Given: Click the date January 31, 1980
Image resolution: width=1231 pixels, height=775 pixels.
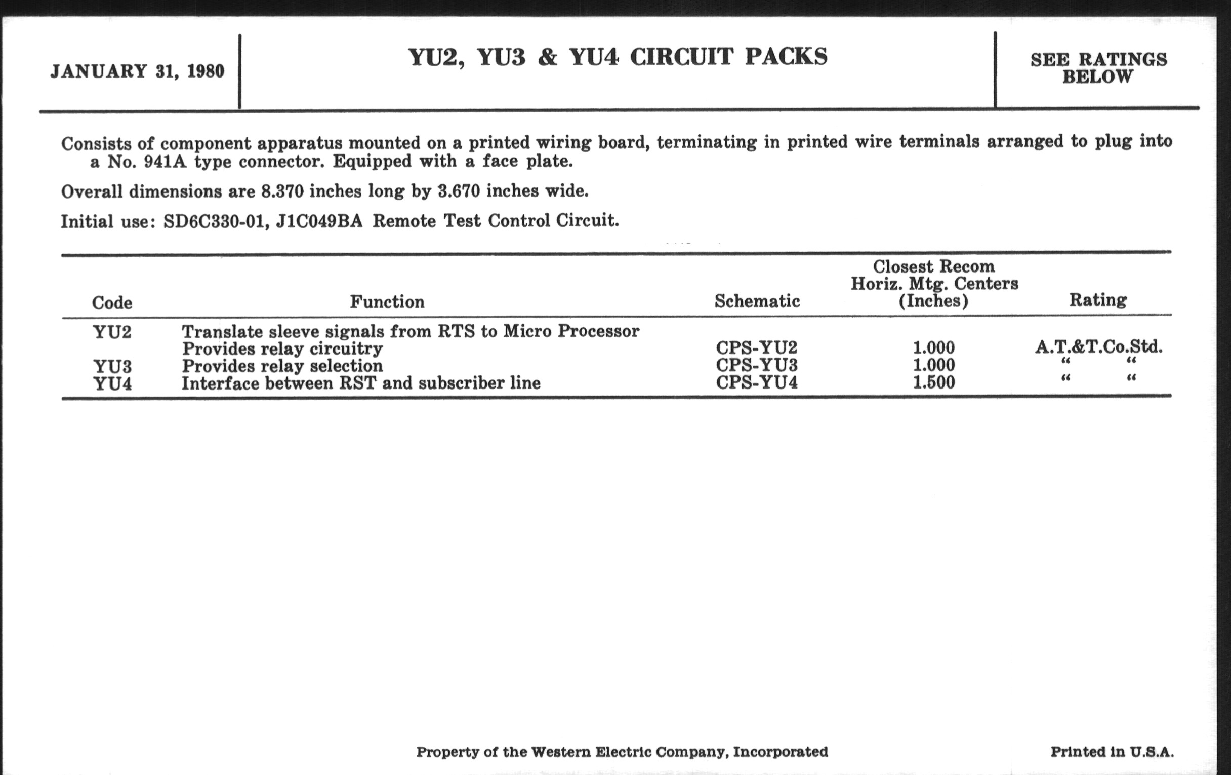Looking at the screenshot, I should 137,71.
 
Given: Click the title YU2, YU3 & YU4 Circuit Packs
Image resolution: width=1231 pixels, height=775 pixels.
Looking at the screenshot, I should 618,57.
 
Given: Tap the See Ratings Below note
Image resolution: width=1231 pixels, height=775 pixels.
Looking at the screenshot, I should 1098,68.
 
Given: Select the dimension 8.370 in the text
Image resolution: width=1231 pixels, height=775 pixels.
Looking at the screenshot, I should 282,192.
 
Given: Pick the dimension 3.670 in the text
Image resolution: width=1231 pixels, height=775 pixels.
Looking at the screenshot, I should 459,191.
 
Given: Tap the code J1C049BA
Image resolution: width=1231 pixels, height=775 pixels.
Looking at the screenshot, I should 319,221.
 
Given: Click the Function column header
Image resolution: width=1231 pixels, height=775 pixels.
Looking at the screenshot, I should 387,302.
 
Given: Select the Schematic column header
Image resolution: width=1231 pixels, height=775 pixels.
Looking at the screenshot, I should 757,301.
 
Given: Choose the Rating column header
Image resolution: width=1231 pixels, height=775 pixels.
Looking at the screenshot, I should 1097,300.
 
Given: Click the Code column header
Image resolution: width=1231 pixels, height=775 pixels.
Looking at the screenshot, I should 112,303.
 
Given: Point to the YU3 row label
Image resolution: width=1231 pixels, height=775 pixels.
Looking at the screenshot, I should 112,366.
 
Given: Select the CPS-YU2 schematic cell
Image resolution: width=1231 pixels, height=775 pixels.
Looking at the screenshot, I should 756,348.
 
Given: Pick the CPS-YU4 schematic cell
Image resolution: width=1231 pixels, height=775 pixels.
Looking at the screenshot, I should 756,382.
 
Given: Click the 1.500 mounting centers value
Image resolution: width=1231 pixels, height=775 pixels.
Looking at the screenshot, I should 933,382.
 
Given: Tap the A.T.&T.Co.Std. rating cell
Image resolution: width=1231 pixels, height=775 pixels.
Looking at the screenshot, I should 1098,347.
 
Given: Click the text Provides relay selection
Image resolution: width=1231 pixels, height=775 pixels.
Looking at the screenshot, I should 282,366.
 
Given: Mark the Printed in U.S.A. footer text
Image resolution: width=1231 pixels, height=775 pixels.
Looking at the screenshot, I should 1112,752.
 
